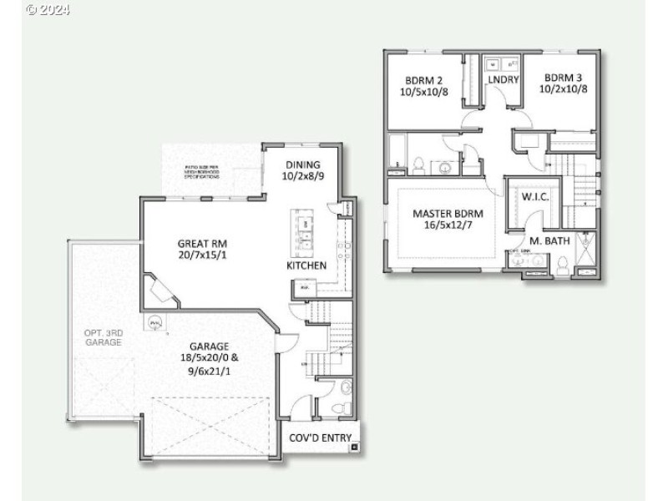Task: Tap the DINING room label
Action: (302, 165)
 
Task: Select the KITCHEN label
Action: (306, 266)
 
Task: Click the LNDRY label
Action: (504, 80)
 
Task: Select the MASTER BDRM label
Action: (448, 214)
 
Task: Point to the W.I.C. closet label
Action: (534, 198)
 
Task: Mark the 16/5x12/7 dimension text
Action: (448, 225)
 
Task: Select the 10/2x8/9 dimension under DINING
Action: (302, 177)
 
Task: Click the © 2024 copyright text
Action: (48, 10)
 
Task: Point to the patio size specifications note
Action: (203, 173)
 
